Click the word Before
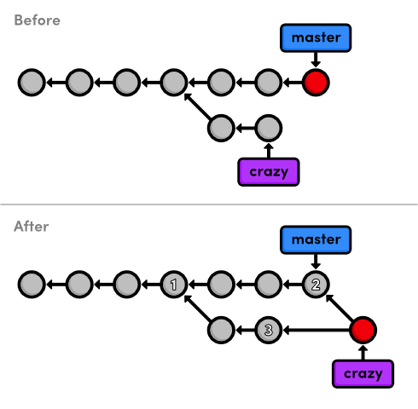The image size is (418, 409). tap(37, 20)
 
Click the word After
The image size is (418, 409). tap(32, 227)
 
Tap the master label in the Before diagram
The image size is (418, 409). tap(316, 37)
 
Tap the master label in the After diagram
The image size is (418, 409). tap(316, 239)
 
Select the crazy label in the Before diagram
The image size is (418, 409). tap(269, 172)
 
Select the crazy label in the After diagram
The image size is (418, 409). tap(363, 374)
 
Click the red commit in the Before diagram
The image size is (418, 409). tap(316, 83)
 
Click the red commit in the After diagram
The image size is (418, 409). tap(363, 330)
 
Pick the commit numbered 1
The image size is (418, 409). tap(174, 285)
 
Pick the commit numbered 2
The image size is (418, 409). tap(316, 285)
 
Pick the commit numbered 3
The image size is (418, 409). tap(269, 330)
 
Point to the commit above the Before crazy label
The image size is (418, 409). tap(269, 128)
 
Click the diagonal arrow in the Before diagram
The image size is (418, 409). tap(198, 107)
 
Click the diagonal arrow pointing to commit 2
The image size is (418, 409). tap(340, 308)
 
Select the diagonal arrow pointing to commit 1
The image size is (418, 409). tap(198, 308)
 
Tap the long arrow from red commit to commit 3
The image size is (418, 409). tap(316, 330)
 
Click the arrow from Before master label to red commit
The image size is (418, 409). tap(316, 60)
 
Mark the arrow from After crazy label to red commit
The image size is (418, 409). tap(363, 352)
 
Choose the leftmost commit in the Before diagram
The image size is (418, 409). tap(32, 83)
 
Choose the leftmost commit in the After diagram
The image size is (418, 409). tap(32, 285)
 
